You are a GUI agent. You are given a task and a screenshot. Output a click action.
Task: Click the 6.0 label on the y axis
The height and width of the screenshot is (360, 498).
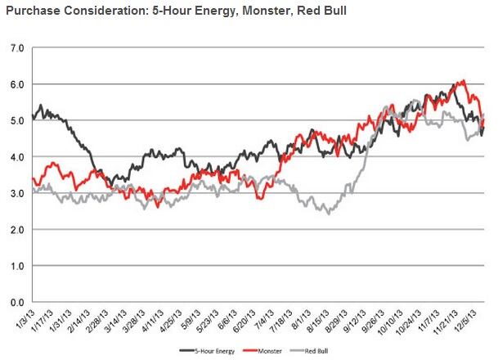pos(16,84)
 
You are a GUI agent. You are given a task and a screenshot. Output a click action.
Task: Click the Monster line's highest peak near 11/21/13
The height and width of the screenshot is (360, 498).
pos(464,81)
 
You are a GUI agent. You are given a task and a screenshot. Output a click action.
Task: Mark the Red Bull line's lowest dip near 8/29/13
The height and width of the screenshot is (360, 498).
pos(329,213)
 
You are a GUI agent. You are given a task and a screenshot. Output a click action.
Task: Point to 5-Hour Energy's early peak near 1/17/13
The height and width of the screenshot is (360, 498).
pos(41,106)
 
